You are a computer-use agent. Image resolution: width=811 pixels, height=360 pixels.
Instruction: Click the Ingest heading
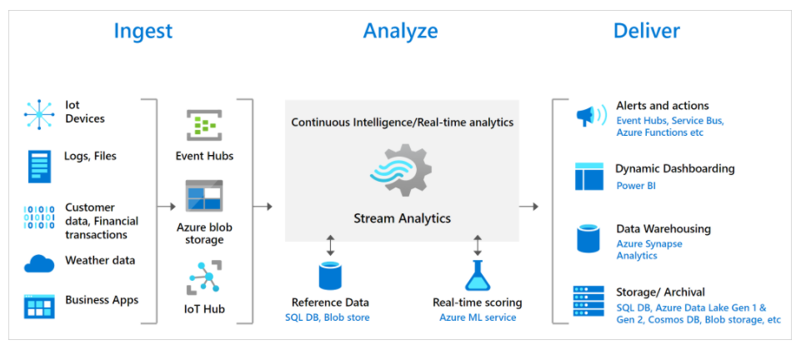coord(143,32)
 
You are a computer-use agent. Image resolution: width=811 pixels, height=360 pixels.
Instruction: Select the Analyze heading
coord(400,32)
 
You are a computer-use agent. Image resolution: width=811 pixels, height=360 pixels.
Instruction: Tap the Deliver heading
coord(646,32)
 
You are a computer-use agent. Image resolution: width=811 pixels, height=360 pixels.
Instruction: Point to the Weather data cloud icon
coord(38,263)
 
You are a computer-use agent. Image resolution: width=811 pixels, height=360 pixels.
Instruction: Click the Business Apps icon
coord(38,306)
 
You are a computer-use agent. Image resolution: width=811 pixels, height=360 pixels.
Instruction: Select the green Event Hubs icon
coord(203,126)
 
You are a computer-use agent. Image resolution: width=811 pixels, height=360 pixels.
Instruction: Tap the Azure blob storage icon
coord(203,195)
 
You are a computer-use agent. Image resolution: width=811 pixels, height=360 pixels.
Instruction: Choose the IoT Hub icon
coord(203,277)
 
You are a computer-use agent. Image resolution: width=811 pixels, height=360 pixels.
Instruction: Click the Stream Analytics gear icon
coord(400,172)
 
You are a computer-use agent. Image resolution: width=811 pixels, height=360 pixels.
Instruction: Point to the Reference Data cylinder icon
coord(330,276)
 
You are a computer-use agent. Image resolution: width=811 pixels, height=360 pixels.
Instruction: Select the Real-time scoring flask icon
coord(477,276)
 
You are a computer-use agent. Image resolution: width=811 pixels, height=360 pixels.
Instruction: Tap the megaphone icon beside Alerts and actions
coord(590,116)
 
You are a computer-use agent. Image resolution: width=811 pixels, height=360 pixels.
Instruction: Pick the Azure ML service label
coord(478,317)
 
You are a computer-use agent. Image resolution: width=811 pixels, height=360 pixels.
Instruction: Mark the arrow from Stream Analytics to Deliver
coord(528,206)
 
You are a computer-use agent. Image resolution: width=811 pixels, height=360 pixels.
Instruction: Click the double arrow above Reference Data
coord(330,245)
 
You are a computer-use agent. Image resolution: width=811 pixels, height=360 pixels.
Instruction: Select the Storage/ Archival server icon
coord(589,302)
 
